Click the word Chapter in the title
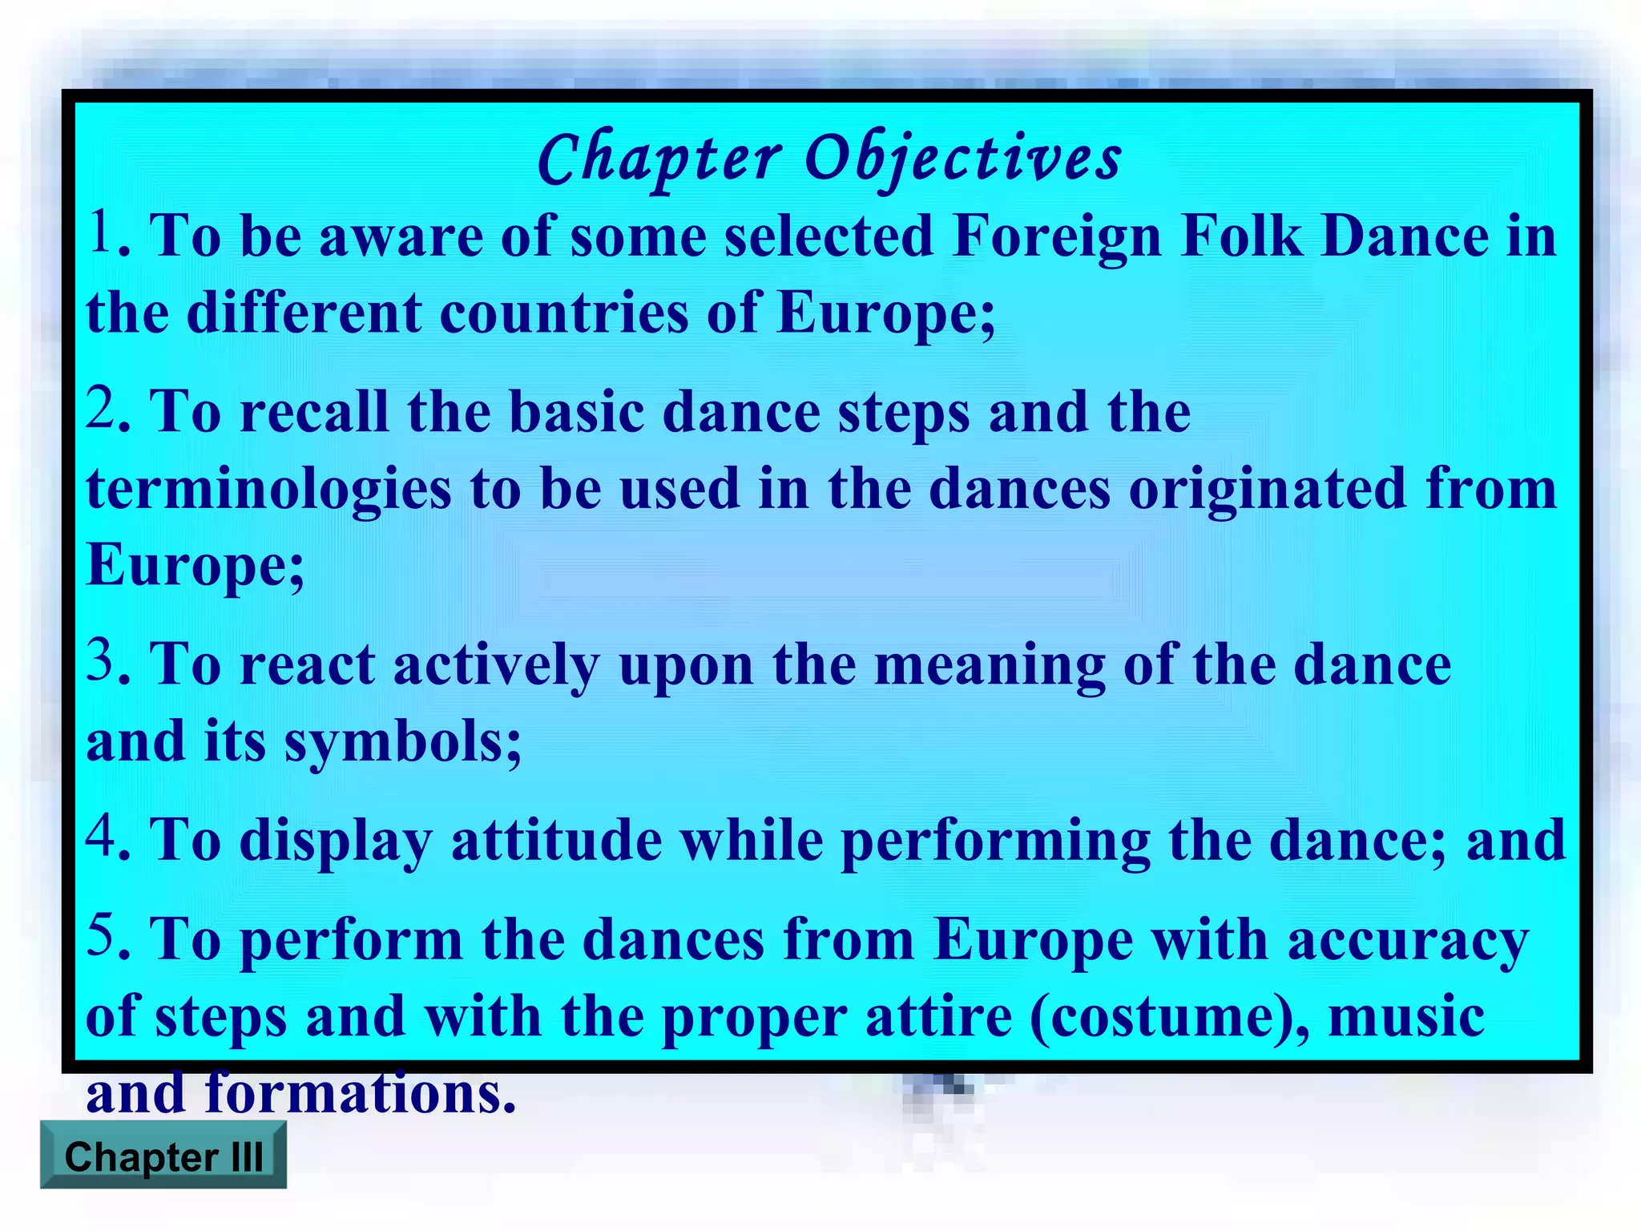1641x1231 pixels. tap(659, 159)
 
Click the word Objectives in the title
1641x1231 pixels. tap(962, 159)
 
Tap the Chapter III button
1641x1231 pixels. tap(163, 1156)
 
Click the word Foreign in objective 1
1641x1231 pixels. tap(1058, 239)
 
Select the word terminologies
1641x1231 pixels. tap(268, 490)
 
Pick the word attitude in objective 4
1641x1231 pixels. tap(556, 842)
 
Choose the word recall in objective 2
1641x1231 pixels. tap(314, 414)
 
